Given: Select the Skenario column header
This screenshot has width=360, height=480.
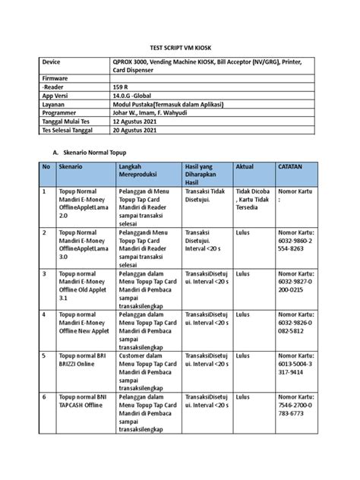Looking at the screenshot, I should (72, 187).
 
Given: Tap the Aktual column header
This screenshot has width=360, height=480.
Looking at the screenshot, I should (247, 187).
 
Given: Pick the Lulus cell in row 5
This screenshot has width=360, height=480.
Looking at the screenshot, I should (244, 355).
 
